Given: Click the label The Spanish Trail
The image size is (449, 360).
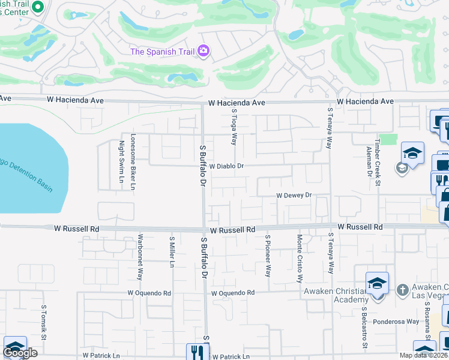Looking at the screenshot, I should [x=162, y=52].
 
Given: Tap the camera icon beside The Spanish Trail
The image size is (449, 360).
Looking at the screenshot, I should [x=203, y=51].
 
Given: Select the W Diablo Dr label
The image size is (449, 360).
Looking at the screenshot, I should [x=224, y=166].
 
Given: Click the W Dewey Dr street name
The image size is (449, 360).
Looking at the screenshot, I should [x=294, y=195].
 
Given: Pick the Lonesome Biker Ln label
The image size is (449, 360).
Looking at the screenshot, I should [x=133, y=161].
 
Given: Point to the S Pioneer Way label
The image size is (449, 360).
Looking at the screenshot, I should [x=268, y=256].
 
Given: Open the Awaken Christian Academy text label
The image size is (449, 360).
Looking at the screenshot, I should [x=336, y=296].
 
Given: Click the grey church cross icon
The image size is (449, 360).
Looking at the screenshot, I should [x=403, y=289].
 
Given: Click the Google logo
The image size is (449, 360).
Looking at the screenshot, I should [x=20, y=353].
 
